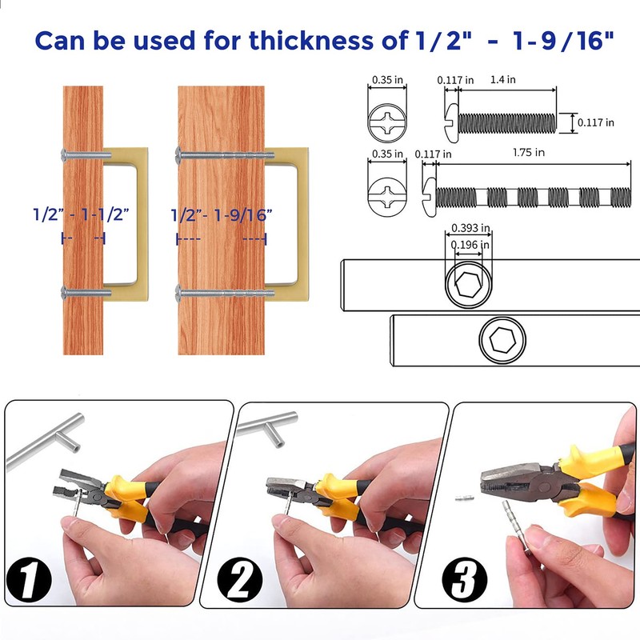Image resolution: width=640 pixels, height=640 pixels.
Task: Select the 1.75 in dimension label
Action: tap(529, 152)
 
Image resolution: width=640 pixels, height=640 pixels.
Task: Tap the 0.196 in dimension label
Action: tap(470, 245)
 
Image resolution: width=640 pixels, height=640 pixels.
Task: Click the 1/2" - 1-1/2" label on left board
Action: tap(82, 214)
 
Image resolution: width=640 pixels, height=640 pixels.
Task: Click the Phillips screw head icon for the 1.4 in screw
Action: tap(388, 123)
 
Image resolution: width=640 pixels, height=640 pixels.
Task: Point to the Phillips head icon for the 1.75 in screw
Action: tap(388, 194)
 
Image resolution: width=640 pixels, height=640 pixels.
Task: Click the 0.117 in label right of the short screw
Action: tap(598, 122)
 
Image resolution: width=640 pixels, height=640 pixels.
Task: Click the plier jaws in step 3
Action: tap(502, 485)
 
